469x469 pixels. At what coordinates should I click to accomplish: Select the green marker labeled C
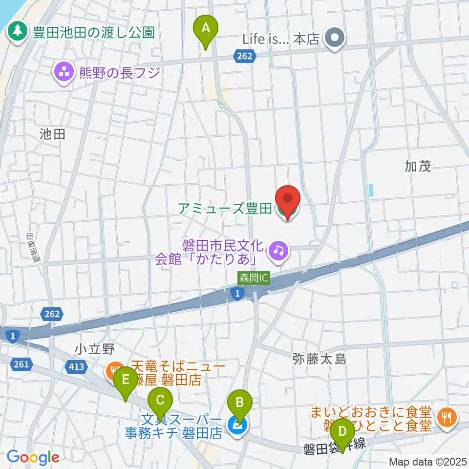(160, 402)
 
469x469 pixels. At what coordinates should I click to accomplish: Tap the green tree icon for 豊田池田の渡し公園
(18, 32)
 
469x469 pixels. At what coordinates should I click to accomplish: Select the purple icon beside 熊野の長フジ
(64, 73)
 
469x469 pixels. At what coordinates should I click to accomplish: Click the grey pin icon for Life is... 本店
(335, 39)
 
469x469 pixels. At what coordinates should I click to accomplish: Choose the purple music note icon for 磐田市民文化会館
(279, 251)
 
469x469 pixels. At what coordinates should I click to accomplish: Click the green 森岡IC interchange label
(254, 278)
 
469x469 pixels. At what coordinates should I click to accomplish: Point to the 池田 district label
(53, 134)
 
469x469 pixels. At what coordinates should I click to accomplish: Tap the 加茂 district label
(418, 167)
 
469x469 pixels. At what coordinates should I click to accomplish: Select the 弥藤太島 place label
(320, 359)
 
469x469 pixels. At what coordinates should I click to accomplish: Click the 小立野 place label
(95, 349)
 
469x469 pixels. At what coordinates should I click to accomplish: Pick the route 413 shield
(77, 366)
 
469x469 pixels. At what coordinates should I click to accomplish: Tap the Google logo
(32, 457)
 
